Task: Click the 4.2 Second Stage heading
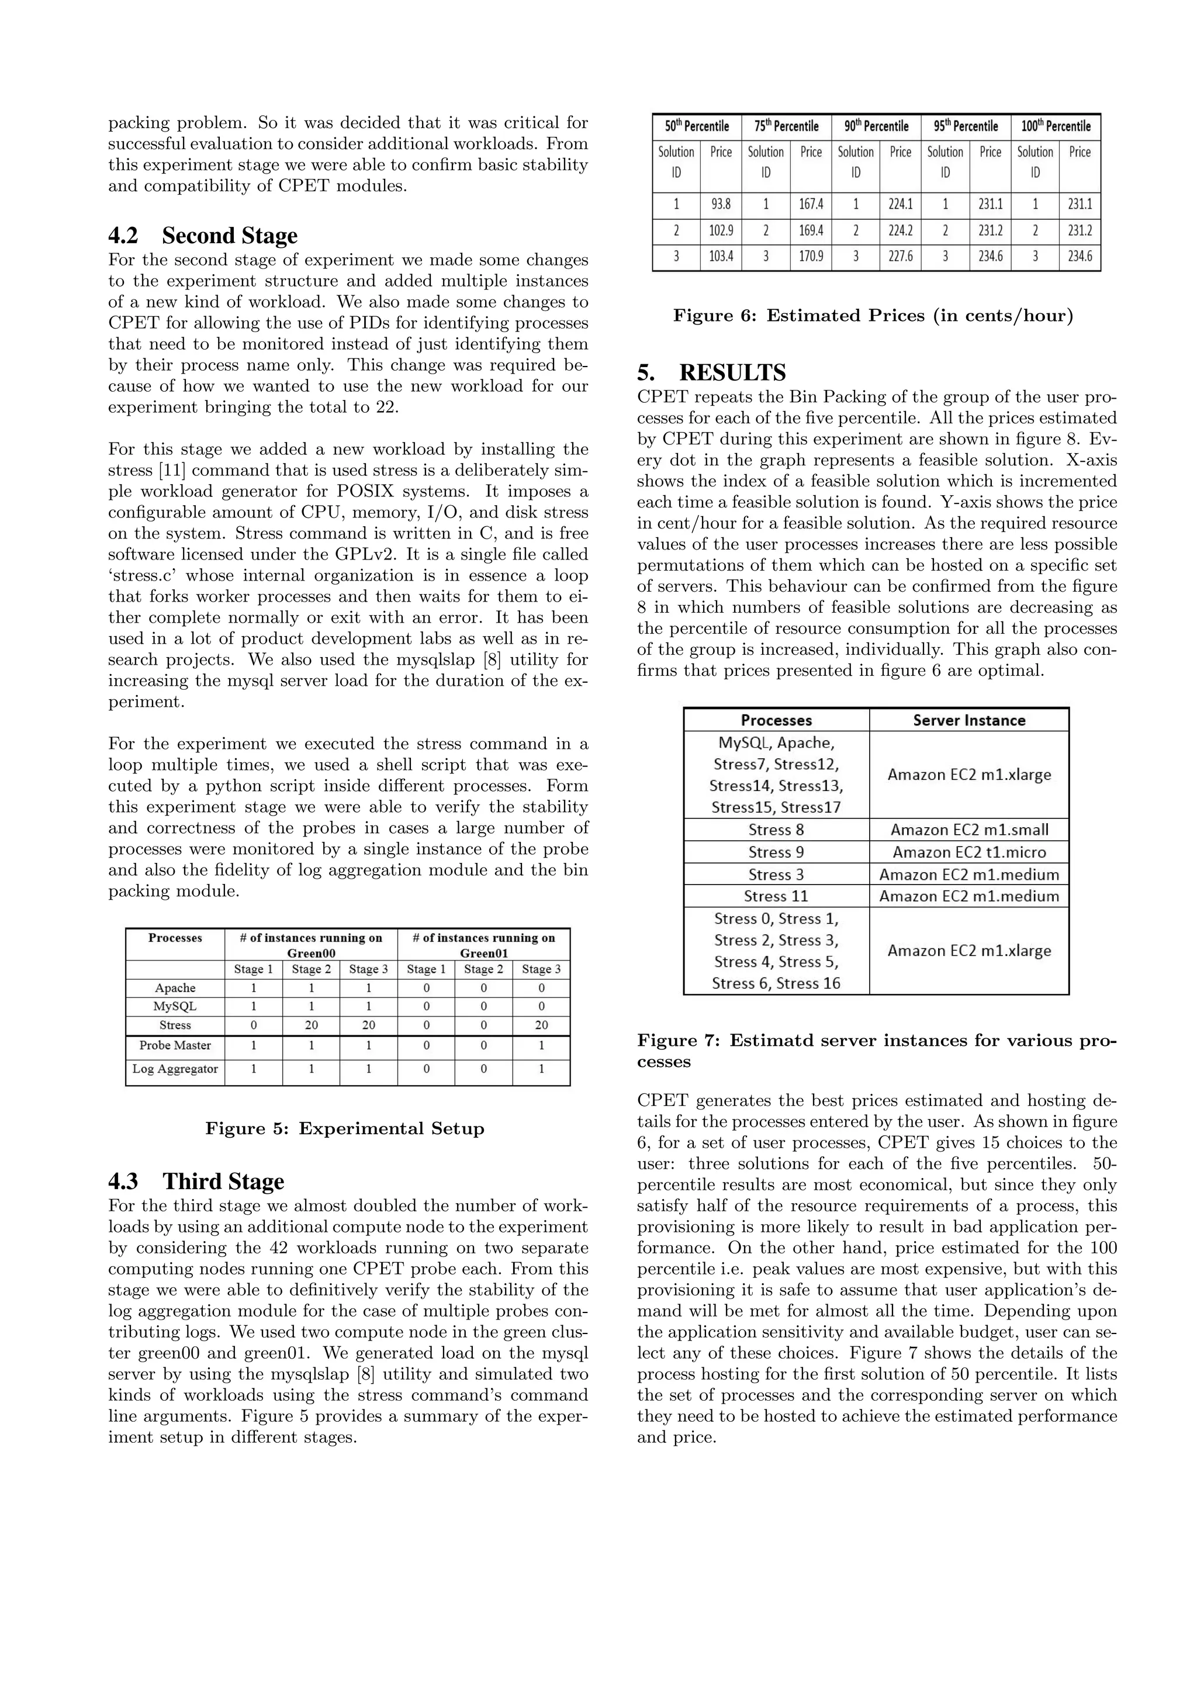(x=203, y=236)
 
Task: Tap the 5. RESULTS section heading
(x=712, y=372)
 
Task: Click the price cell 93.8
(x=720, y=204)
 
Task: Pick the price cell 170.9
(x=810, y=257)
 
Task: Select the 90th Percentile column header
(x=876, y=126)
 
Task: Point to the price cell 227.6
(x=900, y=257)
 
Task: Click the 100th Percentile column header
(x=1056, y=126)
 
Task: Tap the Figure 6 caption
(x=873, y=316)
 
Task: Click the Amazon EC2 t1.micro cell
(x=968, y=852)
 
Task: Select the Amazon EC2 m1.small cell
(x=968, y=830)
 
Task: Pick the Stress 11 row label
(x=776, y=897)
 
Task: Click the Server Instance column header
(x=968, y=720)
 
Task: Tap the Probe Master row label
(x=175, y=1046)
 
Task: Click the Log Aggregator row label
(x=175, y=1069)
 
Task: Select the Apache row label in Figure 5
(x=175, y=988)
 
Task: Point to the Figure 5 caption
(x=344, y=1129)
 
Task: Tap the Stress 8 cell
(x=776, y=830)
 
